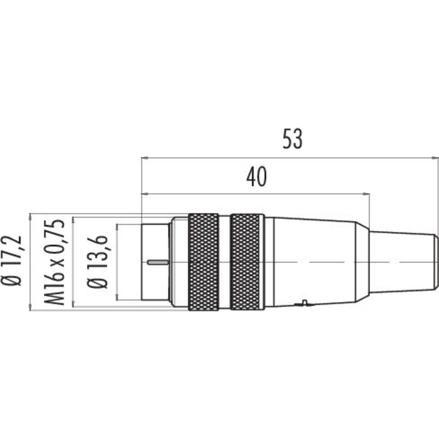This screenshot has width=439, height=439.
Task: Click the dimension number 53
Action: [293, 139]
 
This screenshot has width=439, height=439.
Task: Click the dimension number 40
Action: [256, 177]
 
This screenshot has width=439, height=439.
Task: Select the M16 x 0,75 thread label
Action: [54, 262]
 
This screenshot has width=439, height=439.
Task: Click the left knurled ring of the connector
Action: [204, 262]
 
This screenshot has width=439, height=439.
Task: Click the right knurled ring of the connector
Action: [245, 262]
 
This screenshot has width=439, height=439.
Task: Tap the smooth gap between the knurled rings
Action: [224, 262]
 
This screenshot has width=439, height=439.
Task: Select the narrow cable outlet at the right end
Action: [403, 262]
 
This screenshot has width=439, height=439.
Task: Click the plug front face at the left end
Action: [155, 262]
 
